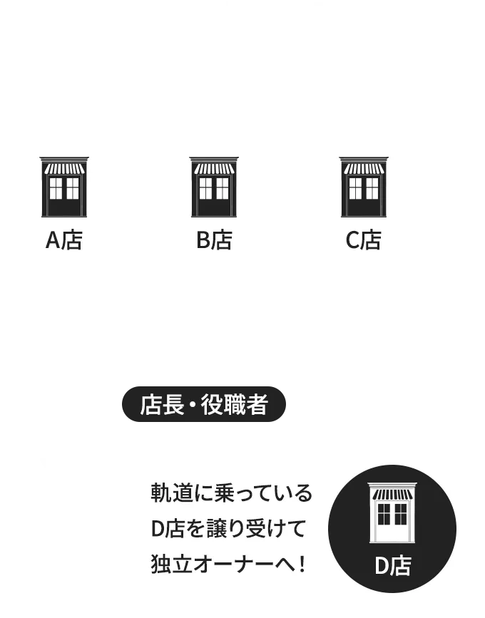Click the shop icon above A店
pos(64,187)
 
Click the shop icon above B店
pos(214,187)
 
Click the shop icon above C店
pos(364,187)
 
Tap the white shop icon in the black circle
pos(392,513)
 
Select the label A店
pos(64,240)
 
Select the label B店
pos(214,240)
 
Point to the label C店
pos(364,240)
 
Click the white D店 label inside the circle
pos(392,566)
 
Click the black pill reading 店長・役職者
pos(204,404)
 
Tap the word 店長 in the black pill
pos(162,404)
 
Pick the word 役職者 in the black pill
pos(235,404)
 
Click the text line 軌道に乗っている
pos(232,493)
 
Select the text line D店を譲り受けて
pos(228,528)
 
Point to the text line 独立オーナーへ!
pos(228,564)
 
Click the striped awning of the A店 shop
pos(64,169)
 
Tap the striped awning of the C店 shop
pos(364,169)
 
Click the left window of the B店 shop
pos(205,188)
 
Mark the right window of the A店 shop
pos(73,188)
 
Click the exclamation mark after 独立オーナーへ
pos(302,564)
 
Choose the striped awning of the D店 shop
pos(392,495)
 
